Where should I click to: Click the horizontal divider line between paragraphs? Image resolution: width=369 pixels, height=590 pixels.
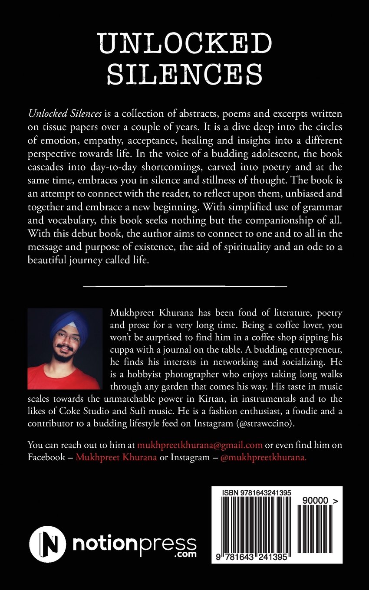coord(184,286)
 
